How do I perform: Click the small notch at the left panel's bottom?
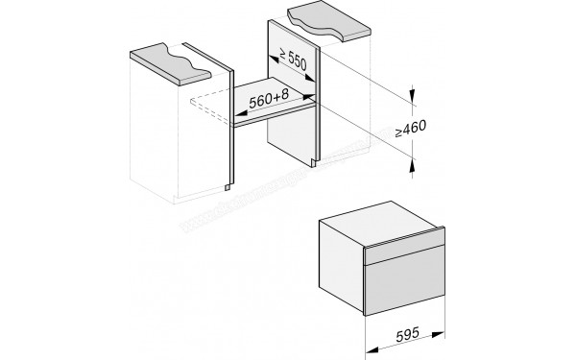(228, 178)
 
